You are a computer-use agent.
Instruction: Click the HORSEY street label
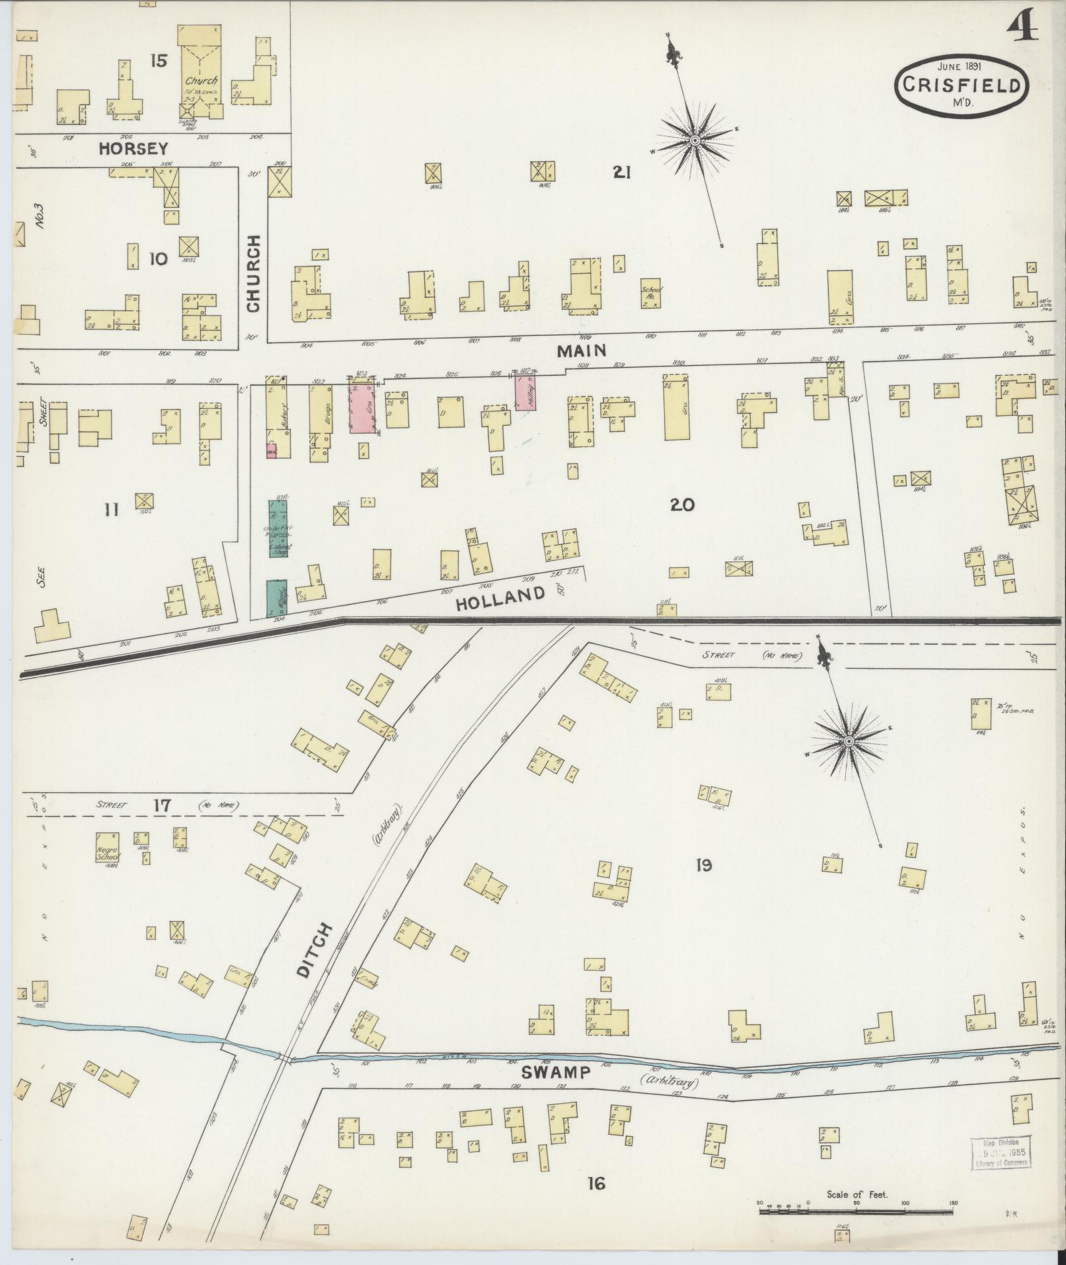133,149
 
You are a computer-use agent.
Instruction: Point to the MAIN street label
582,350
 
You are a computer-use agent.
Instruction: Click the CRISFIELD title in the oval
963,85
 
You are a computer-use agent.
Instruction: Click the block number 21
621,173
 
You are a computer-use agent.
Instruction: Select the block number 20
681,505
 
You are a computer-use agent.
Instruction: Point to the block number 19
703,865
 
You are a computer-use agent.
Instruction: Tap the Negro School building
108,848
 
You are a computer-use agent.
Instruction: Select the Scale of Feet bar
856,1211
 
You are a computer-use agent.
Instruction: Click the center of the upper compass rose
695,141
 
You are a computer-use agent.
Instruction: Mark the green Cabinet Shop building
278,528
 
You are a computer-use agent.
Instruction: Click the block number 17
162,805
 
